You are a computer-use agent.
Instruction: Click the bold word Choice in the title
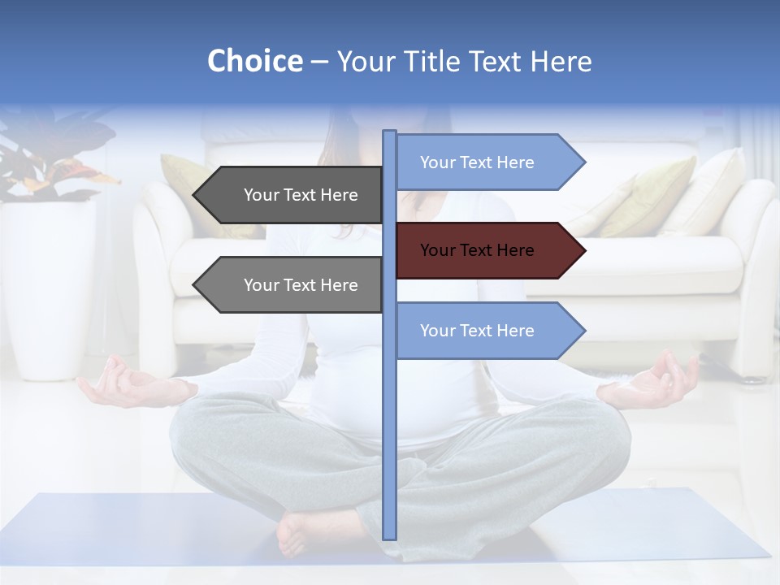point(254,61)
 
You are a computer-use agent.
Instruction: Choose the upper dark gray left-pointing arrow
point(292,195)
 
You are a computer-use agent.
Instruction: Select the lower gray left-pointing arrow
point(292,285)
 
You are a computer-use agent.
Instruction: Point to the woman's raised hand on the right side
point(654,382)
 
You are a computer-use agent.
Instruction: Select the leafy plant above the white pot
point(49,158)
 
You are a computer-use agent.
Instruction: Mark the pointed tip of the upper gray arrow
point(197,195)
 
